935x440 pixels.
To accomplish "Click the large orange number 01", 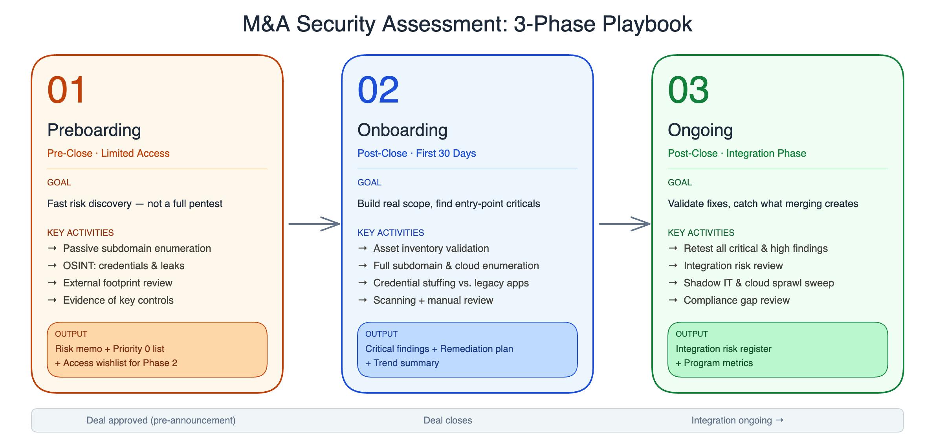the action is [66, 90].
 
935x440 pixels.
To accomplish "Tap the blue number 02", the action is [378, 90].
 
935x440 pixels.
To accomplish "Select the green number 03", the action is [689, 90].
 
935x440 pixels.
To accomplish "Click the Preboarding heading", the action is [94, 130].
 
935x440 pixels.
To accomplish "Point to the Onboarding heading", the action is [402, 130].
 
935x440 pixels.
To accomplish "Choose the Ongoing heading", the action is [700, 130].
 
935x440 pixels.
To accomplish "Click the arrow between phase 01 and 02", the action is [314, 224].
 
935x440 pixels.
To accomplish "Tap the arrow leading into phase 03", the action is [625, 224].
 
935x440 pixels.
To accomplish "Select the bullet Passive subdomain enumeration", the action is [137, 248].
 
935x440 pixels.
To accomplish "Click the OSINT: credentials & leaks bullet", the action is [124, 266].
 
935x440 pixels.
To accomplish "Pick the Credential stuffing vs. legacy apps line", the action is [451, 283].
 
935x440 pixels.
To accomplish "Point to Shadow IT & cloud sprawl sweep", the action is [759, 283].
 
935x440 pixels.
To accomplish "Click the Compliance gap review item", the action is [737, 300].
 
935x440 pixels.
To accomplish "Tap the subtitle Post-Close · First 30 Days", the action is [416, 153].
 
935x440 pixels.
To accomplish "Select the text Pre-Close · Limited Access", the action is [108, 153].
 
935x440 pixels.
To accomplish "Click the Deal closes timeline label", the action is [448, 420].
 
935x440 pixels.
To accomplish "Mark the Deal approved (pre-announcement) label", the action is [161, 420].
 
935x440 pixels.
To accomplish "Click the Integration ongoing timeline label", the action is [737, 420].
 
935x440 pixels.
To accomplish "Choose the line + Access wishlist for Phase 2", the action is [116, 363].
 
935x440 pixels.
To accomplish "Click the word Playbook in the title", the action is [647, 24].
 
